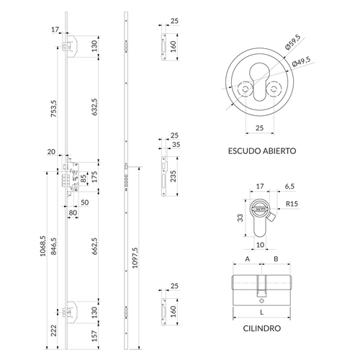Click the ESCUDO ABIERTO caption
click(262, 151)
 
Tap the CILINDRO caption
click(262, 328)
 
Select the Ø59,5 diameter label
click(293, 42)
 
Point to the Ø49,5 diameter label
click(302, 61)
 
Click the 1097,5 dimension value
click(135, 258)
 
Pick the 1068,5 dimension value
click(42, 246)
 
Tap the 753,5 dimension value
click(54, 109)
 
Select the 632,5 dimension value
click(95, 107)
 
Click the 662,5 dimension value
click(95, 246)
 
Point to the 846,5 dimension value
click(54, 246)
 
